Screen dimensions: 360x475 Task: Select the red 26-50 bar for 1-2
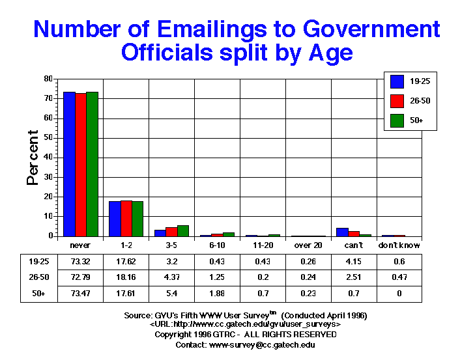click(126, 219)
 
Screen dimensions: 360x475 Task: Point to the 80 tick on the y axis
click(48, 79)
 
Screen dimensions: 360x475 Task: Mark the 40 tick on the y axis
click(48, 158)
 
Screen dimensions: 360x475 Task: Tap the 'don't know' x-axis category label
click(399, 245)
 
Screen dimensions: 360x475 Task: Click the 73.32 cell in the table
click(79, 262)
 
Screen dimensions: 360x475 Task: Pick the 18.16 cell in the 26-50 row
click(125, 278)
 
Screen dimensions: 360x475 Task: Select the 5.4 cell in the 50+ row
click(171, 294)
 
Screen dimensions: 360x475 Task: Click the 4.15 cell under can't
click(354, 262)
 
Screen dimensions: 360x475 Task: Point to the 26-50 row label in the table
click(33, 278)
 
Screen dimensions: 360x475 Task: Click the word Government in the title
click(369, 29)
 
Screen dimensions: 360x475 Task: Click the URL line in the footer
click(245, 324)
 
